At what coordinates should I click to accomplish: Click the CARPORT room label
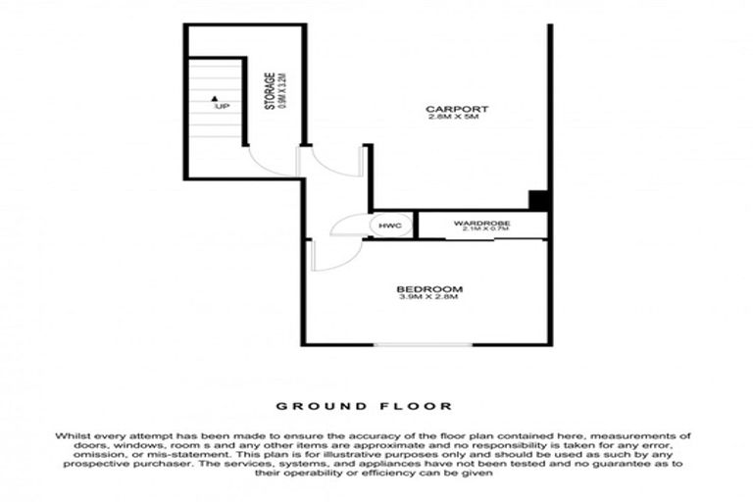(457, 108)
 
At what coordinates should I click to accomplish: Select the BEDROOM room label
(429, 288)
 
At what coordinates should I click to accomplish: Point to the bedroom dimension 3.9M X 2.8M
(429, 298)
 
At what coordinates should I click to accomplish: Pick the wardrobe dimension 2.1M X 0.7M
(478, 230)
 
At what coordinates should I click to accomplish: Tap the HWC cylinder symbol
(385, 226)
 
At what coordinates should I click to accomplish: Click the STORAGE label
(270, 90)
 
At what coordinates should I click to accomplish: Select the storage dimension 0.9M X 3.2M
(281, 90)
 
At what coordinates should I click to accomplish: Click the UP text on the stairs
(223, 106)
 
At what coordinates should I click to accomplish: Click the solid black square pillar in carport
(538, 200)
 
